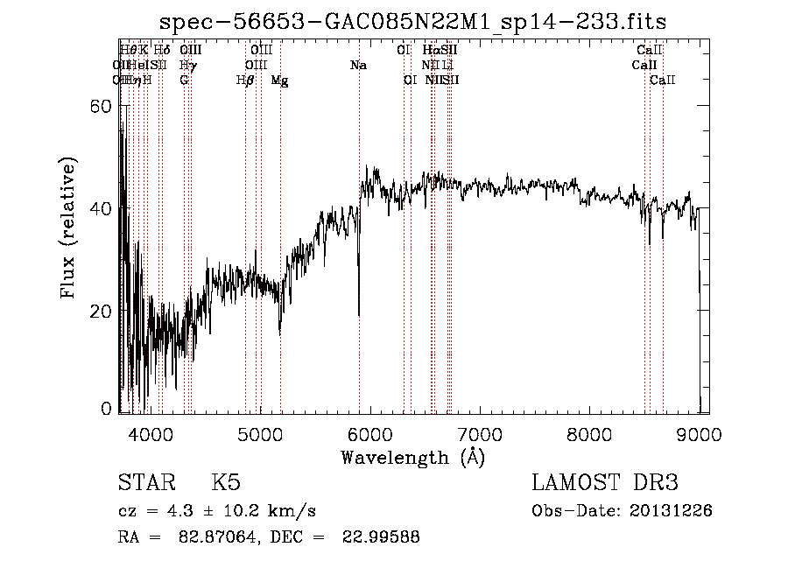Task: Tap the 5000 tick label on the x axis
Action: pyautogui.click(x=260, y=436)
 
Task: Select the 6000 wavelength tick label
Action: pyautogui.click(x=370, y=436)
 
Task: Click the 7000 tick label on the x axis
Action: pyautogui.click(x=480, y=436)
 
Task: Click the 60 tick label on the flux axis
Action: pyautogui.click(x=102, y=107)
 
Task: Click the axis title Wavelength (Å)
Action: pyautogui.click(x=412, y=457)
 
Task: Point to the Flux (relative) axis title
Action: pyautogui.click(x=69, y=228)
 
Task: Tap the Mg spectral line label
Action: pyautogui.click(x=279, y=81)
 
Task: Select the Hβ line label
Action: pyautogui.click(x=245, y=81)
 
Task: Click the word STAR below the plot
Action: pyautogui.click(x=145, y=484)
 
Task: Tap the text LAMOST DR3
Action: pyautogui.click(x=605, y=483)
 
